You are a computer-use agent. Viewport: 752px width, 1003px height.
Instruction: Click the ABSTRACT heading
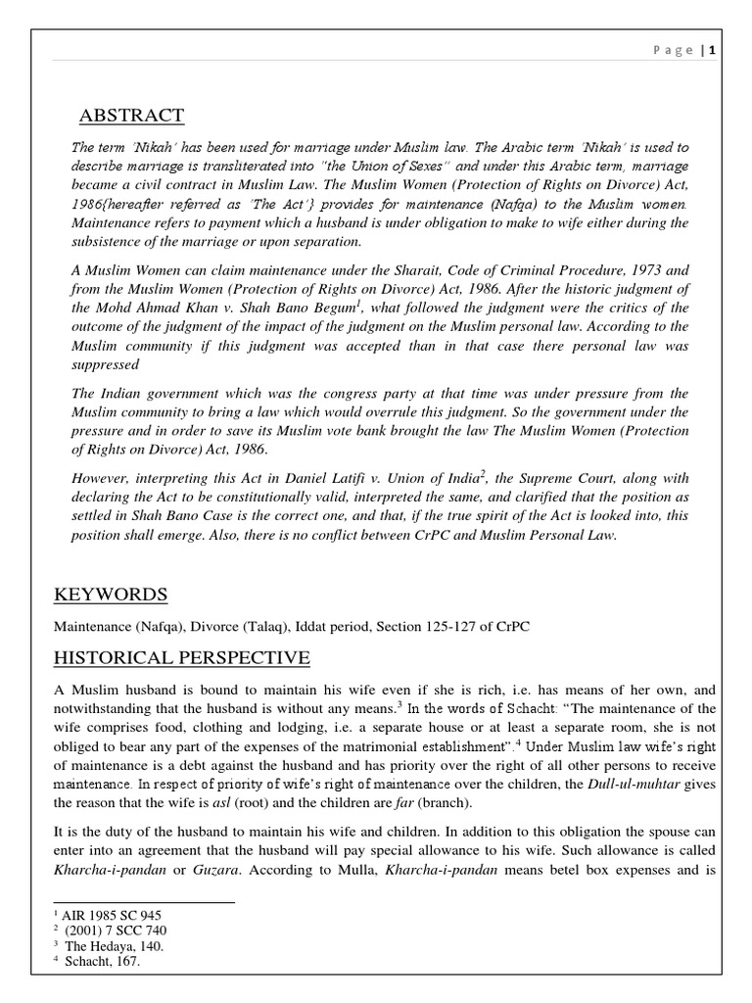pos(131,117)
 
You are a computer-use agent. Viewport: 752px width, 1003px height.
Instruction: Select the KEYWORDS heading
pos(110,595)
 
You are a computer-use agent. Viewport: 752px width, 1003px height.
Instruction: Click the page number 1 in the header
pos(727,50)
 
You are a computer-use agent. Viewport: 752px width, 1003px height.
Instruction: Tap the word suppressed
pos(105,364)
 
